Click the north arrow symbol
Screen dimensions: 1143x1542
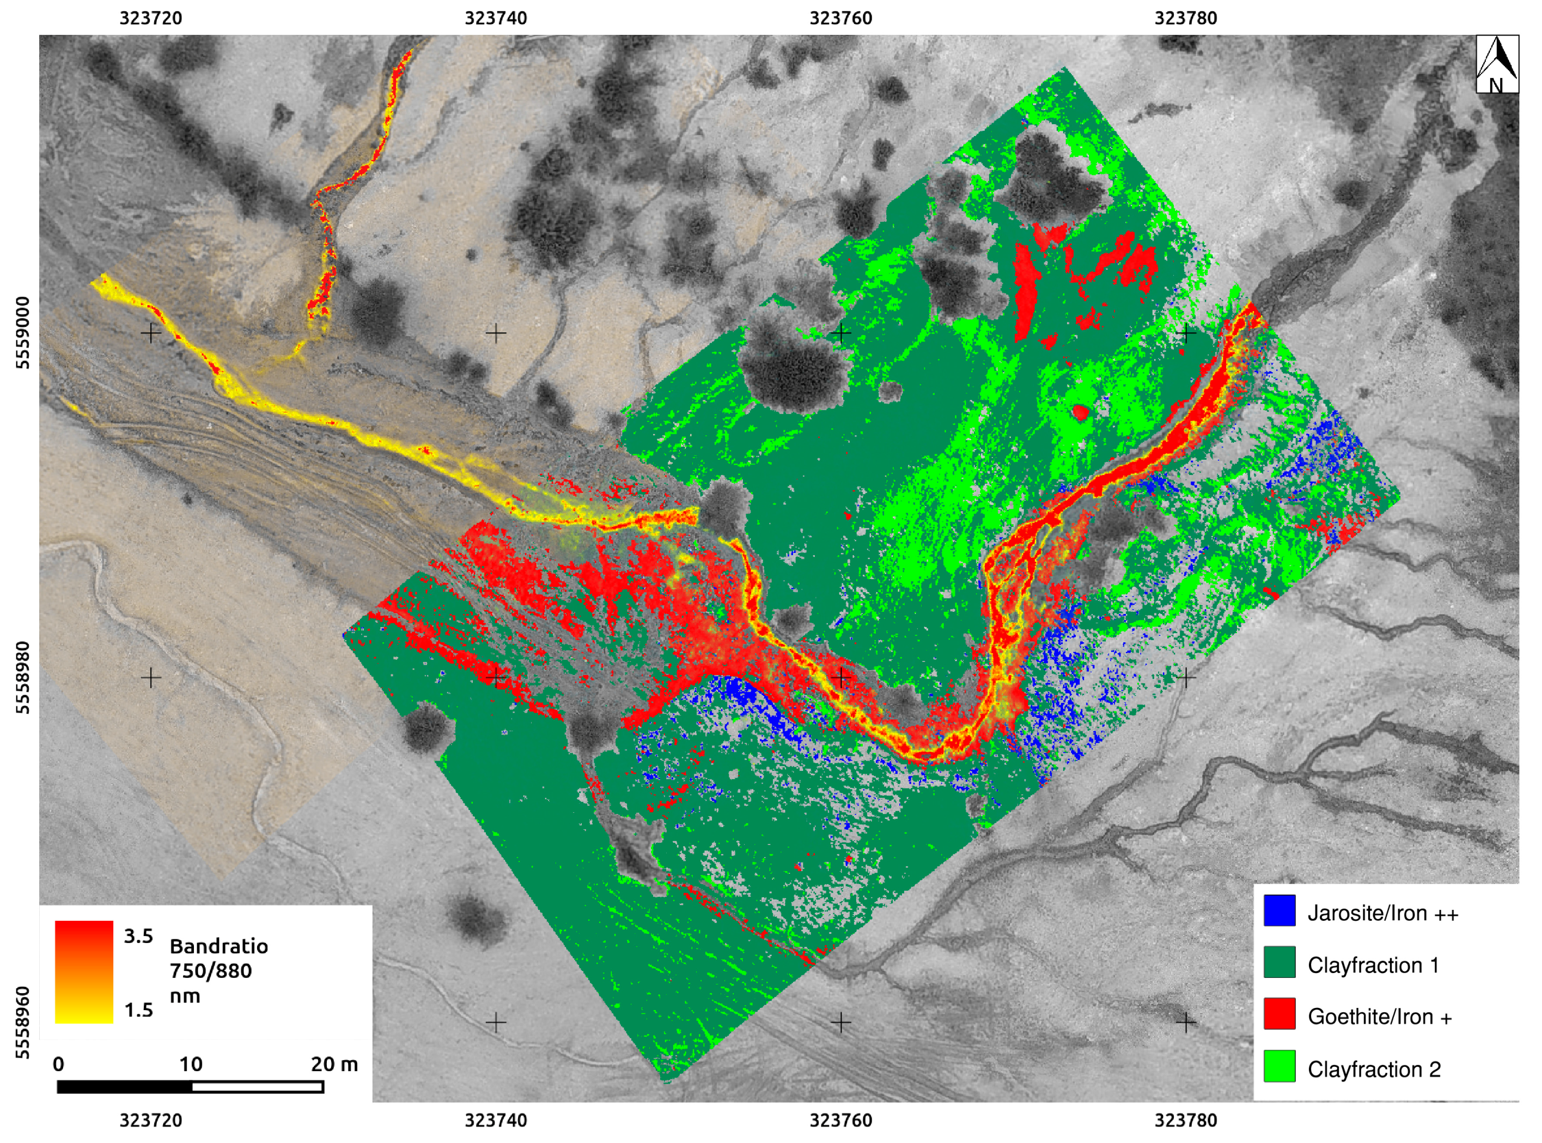pyautogui.click(x=1496, y=64)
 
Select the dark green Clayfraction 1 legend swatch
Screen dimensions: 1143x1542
pyautogui.click(x=1278, y=963)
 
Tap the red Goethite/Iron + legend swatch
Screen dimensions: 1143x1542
pyautogui.click(x=1278, y=1014)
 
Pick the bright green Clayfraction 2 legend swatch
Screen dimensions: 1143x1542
pyautogui.click(x=1278, y=1067)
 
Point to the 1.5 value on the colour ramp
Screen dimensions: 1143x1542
pyautogui.click(x=138, y=1010)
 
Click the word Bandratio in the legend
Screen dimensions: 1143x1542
pyautogui.click(x=218, y=946)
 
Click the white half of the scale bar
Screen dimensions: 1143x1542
pyautogui.click(x=257, y=1087)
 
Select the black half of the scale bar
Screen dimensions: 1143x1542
pyautogui.click(x=125, y=1087)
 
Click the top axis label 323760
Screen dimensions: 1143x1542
pyautogui.click(x=840, y=18)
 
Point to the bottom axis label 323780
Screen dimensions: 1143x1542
pyautogui.click(x=1185, y=1120)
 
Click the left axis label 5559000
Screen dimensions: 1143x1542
pyautogui.click(x=23, y=333)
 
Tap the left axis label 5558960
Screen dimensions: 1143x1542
pyautogui.click(x=23, y=1023)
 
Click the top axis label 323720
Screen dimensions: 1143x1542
pyautogui.click(x=151, y=18)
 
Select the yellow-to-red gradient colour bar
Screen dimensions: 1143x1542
pyautogui.click(x=84, y=972)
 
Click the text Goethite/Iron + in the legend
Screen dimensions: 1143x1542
pyautogui.click(x=1380, y=1017)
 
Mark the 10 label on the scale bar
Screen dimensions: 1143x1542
pyautogui.click(x=191, y=1064)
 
